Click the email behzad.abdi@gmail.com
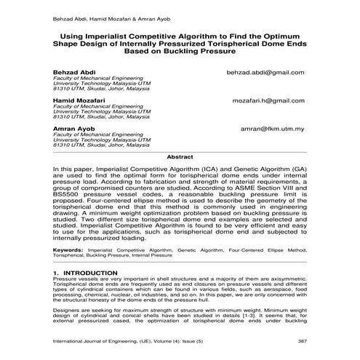(x=265, y=73)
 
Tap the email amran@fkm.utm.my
(x=272, y=129)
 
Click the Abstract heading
(x=180, y=156)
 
